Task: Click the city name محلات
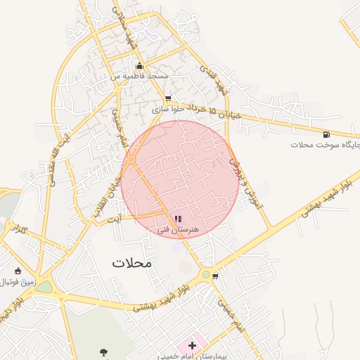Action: click(131, 262)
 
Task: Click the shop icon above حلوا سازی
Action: click(167, 99)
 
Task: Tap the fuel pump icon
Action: click(326, 134)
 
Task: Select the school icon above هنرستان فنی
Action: click(177, 219)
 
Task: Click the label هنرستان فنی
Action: click(177, 229)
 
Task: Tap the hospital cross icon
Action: click(191, 346)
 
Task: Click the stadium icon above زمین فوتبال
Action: click(18, 271)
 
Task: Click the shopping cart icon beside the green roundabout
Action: click(215, 276)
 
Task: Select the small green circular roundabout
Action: click(206, 274)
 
